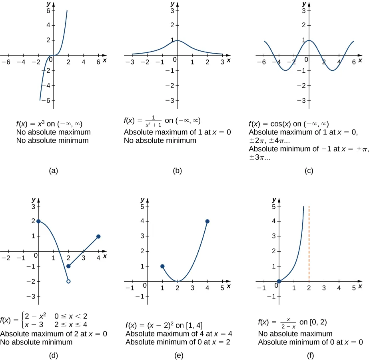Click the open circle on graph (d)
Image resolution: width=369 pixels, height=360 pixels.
(68, 282)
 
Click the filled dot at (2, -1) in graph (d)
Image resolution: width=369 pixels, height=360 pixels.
(68, 266)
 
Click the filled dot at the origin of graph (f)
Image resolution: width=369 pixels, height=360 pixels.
(279, 281)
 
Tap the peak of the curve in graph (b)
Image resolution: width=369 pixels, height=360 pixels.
(178, 40)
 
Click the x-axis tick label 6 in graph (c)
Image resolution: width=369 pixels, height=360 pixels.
(354, 62)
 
